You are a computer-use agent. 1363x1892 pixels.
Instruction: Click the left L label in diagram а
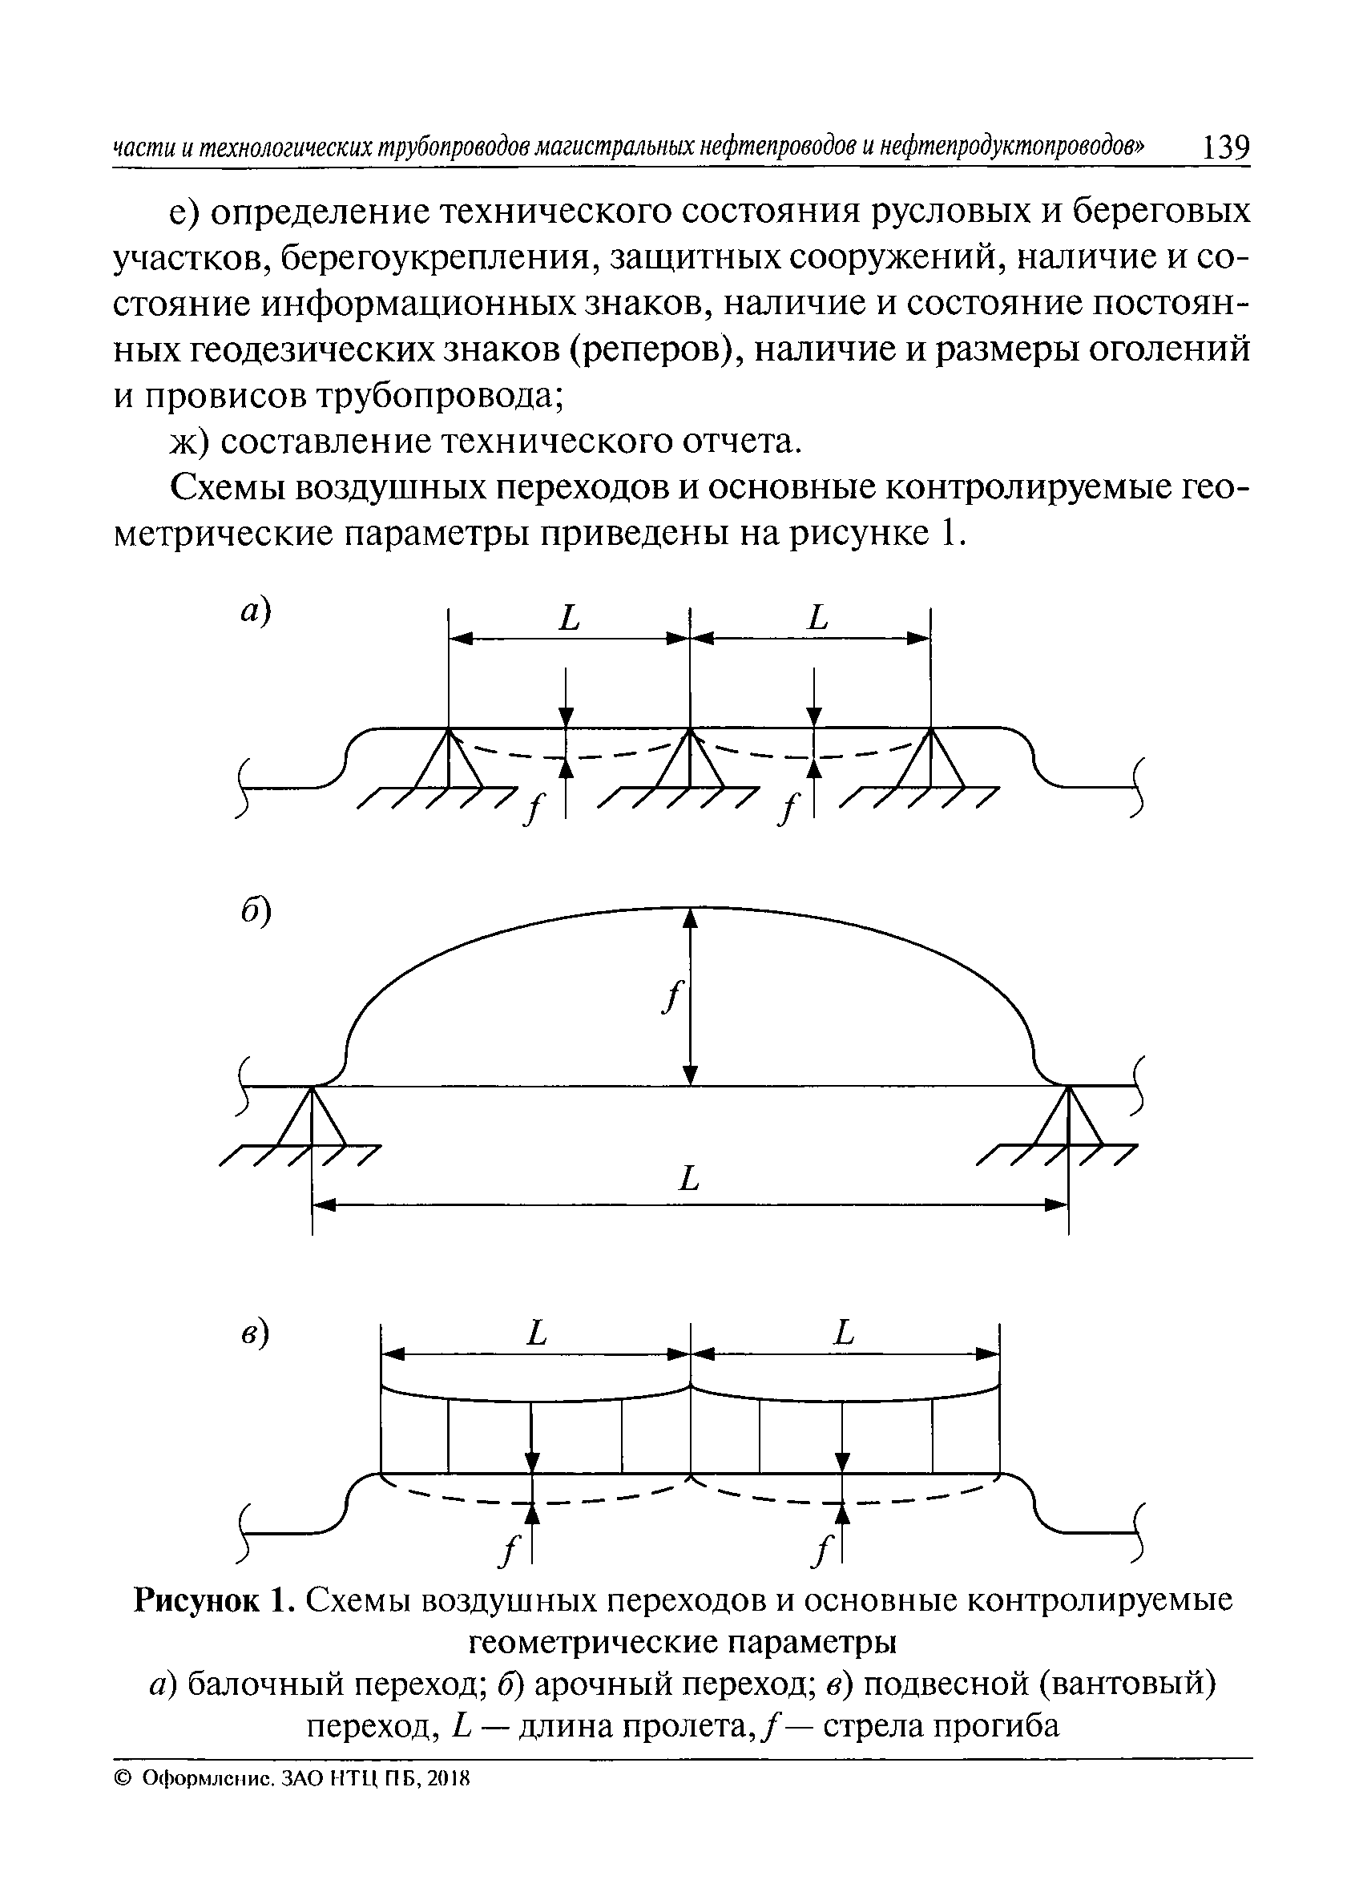tap(569, 619)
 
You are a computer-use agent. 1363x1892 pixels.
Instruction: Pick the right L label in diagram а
tap(818, 619)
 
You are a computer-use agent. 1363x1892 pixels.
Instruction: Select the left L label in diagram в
tap(536, 1332)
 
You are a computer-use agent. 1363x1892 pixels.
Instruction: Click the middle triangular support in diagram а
tap(690, 760)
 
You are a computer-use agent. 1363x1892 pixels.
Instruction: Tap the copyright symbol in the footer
tap(123, 1778)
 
